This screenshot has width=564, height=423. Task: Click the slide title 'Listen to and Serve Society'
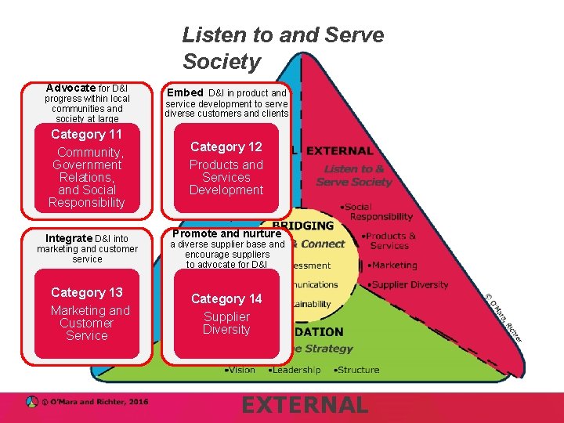tap(283, 48)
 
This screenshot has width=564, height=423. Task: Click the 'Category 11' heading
tap(86, 135)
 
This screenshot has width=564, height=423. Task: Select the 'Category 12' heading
tap(226, 147)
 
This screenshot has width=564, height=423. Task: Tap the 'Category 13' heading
tap(86, 292)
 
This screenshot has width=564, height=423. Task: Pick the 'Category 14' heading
tap(226, 298)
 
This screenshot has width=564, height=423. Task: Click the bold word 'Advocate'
tap(70, 89)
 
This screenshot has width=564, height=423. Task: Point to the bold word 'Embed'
tap(185, 92)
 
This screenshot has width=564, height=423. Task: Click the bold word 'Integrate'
tap(69, 238)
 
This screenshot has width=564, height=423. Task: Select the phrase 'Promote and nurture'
tap(226, 233)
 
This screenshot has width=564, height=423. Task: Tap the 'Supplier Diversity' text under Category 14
tap(226, 323)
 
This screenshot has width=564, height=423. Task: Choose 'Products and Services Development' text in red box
tap(226, 177)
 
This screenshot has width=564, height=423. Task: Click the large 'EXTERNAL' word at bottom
tap(304, 405)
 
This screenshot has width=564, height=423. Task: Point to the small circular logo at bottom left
tap(31, 402)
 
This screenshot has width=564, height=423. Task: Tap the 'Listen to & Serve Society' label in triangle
tap(353, 175)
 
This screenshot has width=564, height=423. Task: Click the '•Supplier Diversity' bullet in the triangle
tap(407, 284)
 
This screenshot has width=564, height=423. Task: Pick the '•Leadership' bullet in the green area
tap(294, 370)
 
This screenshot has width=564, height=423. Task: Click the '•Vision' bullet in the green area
tap(240, 370)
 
